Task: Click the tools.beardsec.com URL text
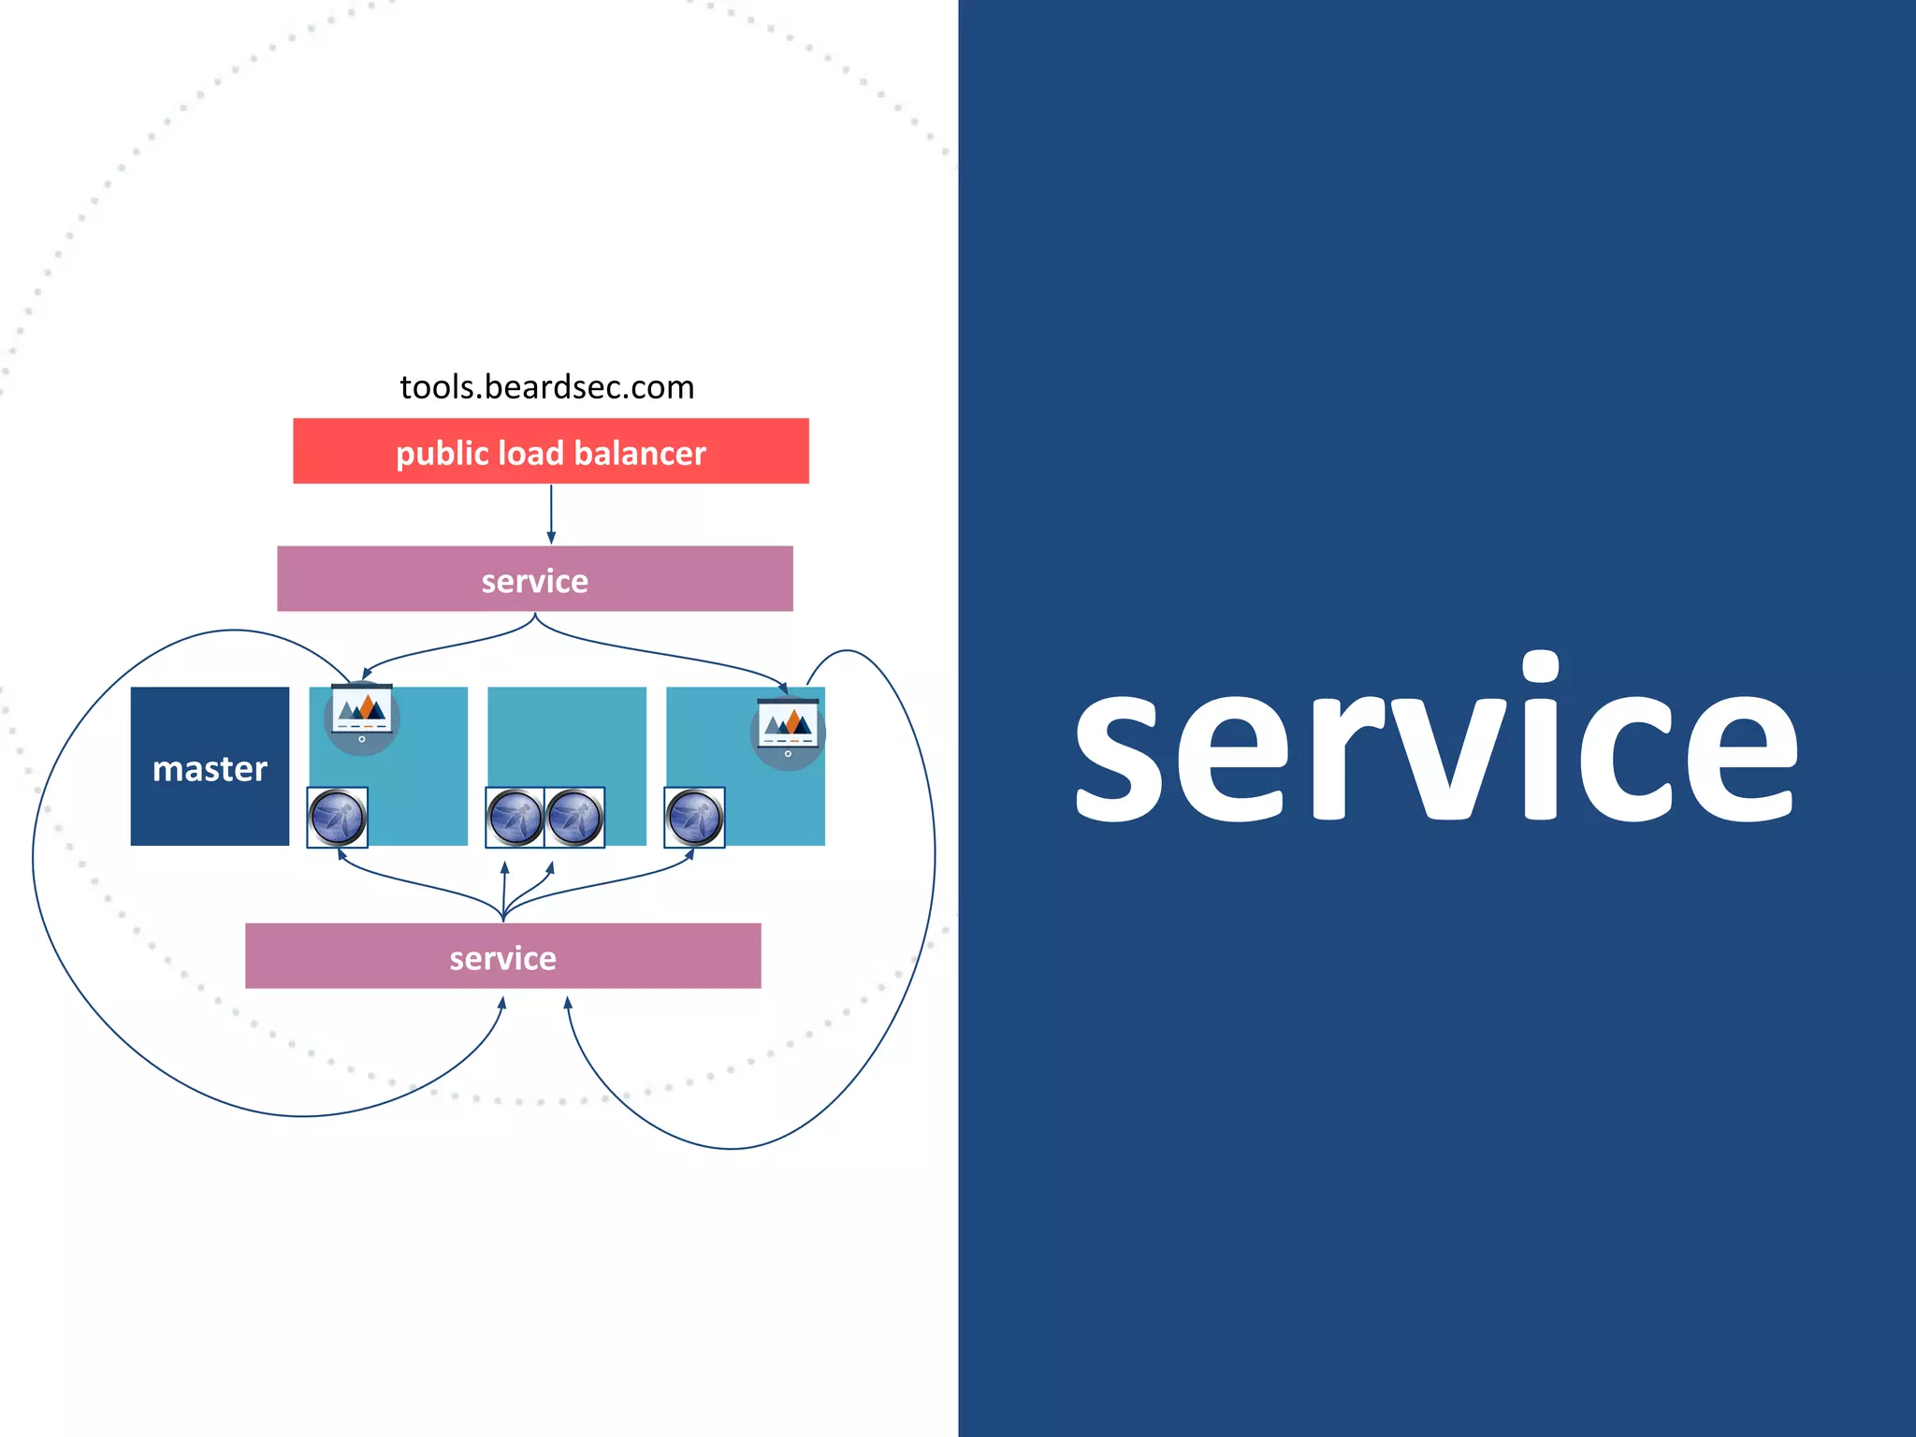point(546,386)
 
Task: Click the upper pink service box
point(535,579)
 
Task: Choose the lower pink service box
point(502,956)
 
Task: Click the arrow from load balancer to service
point(551,514)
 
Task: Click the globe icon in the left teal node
point(337,817)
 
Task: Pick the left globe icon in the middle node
point(515,817)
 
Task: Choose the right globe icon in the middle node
point(574,817)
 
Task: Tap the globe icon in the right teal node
point(694,817)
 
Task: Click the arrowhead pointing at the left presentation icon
point(367,672)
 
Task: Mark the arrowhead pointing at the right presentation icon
point(783,688)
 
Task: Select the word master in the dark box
point(210,769)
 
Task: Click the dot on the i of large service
point(1540,666)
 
